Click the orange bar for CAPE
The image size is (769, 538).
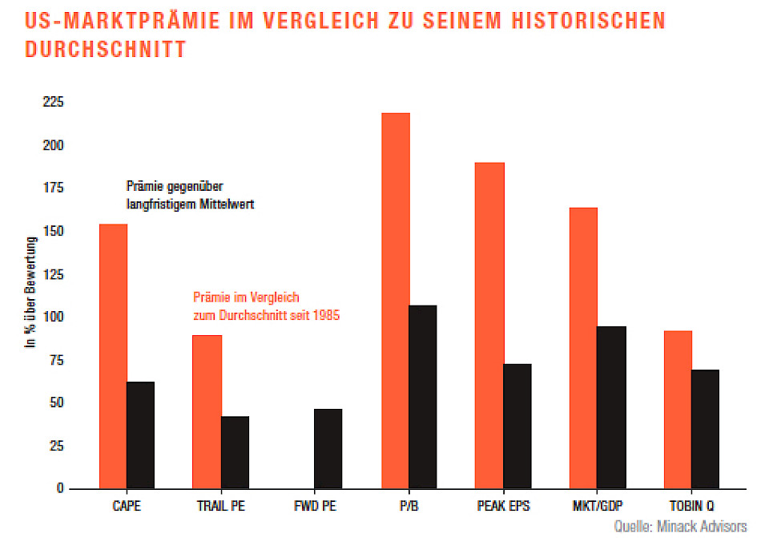click(113, 356)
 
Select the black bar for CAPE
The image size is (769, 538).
click(141, 435)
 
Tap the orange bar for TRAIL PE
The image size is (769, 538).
click(207, 411)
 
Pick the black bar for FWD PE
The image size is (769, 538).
click(328, 448)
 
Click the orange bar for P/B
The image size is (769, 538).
click(396, 300)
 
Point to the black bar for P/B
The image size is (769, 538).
click(423, 396)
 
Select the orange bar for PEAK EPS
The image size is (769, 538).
click(489, 325)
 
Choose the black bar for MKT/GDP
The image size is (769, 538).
click(612, 407)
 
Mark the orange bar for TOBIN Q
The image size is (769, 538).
click(678, 409)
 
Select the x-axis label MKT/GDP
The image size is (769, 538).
click(598, 506)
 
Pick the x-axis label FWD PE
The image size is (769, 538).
click(314, 506)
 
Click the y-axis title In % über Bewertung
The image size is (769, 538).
click(31, 292)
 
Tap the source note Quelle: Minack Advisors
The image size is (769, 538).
click(680, 527)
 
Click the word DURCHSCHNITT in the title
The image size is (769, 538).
click(105, 49)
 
